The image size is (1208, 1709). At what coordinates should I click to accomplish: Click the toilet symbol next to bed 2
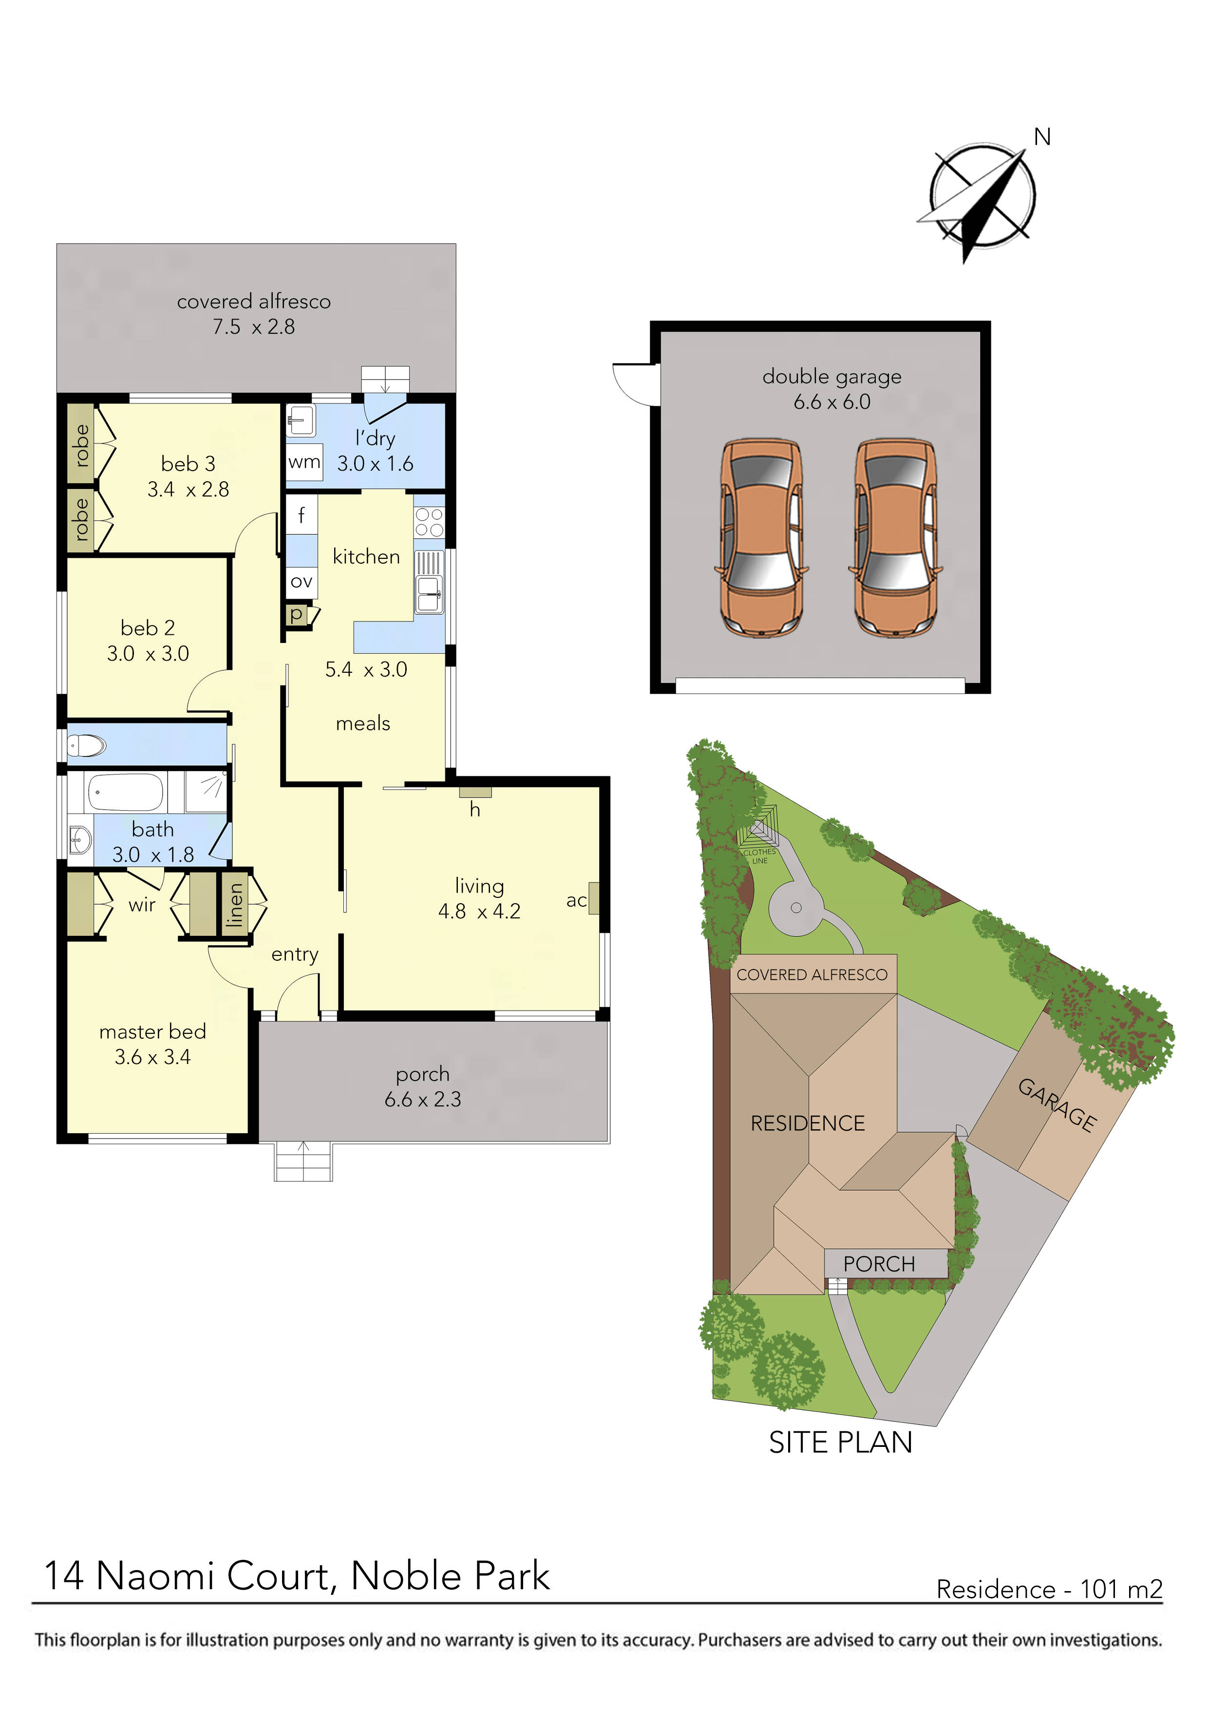point(87,745)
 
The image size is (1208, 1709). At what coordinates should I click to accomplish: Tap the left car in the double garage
point(761,537)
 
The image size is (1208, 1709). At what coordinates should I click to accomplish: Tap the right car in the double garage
point(895,537)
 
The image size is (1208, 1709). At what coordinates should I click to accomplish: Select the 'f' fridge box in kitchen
point(302,514)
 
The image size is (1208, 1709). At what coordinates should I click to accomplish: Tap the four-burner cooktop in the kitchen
point(430,522)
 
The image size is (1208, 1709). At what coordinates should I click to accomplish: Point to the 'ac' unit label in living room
point(576,901)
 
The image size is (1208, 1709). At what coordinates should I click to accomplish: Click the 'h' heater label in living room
point(475,810)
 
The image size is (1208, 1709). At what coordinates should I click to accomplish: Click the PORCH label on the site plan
point(879,1264)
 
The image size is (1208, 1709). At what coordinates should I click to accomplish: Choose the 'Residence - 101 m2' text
point(1049,1589)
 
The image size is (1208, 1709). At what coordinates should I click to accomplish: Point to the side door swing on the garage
point(635,382)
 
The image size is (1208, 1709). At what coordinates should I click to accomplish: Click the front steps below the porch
point(303,1161)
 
